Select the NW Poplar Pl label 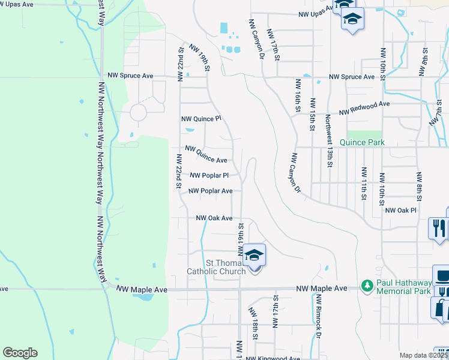(x=209, y=176)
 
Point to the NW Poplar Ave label (x=210, y=191)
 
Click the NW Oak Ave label (x=214, y=218)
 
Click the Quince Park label (x=362, y=143)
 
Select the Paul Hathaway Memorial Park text (x=403, y=287)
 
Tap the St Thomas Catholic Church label (x=226, y=267)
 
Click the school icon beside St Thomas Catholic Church (x=254, y=255)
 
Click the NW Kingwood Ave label (x=273, y=358)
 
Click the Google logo (x=20, y=353)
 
